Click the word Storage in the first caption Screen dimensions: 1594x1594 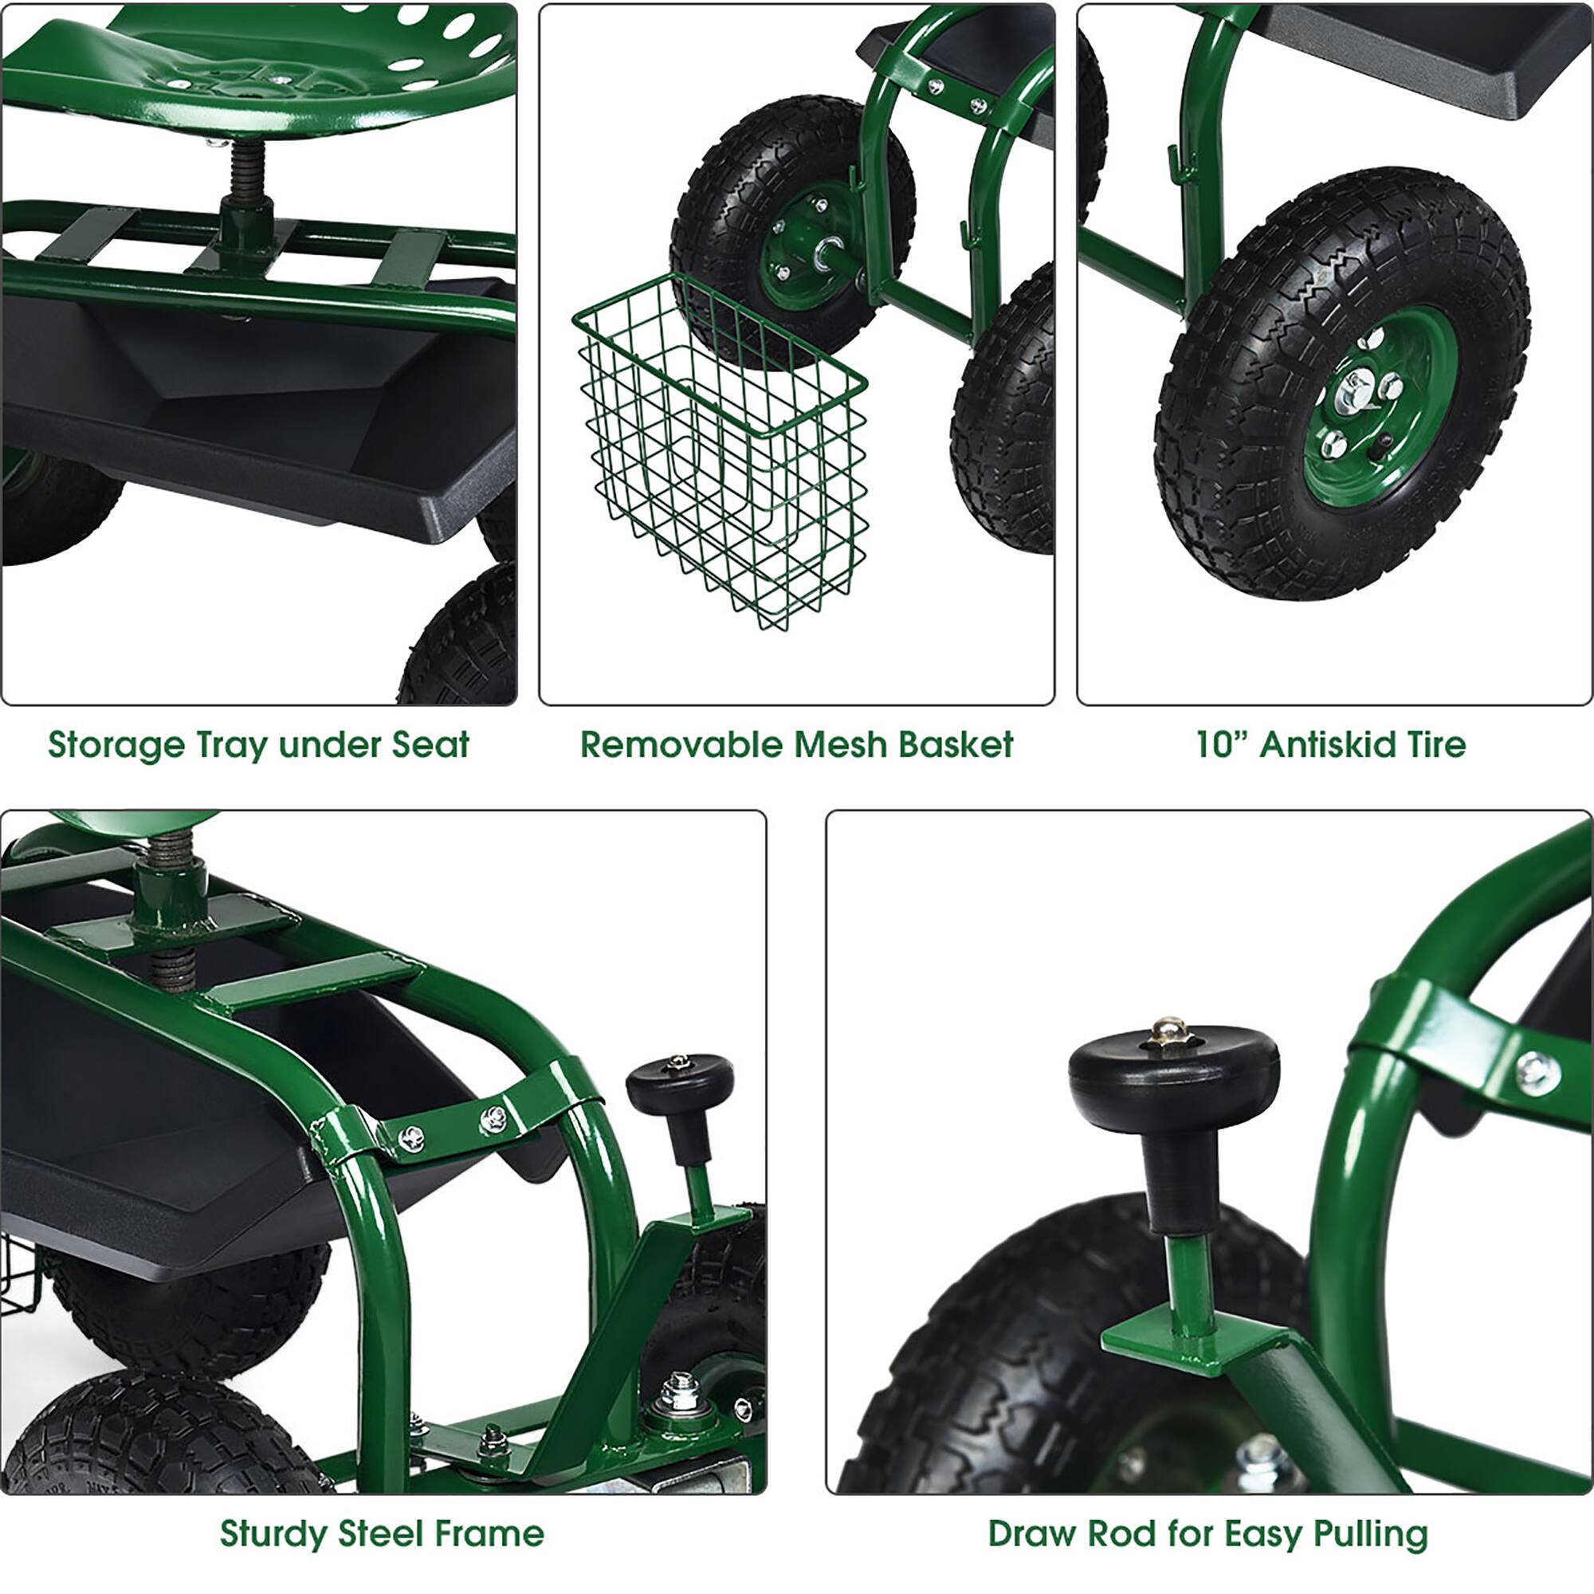116,745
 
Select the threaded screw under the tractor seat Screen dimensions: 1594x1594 243,177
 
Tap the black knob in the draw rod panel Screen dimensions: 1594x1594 1173,1087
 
